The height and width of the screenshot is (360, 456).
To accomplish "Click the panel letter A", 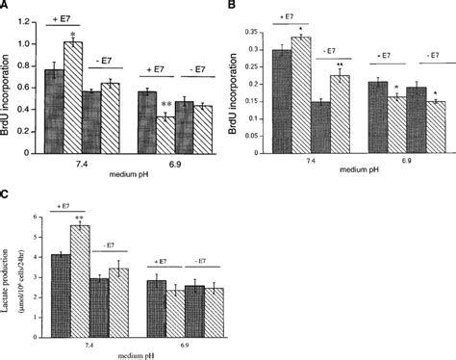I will pos(7,7).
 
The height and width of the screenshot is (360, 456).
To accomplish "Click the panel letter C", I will pos(7,190).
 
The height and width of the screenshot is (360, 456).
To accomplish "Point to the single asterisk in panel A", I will pos(99,32).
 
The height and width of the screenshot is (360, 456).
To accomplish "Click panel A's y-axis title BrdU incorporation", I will pos(9,87).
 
